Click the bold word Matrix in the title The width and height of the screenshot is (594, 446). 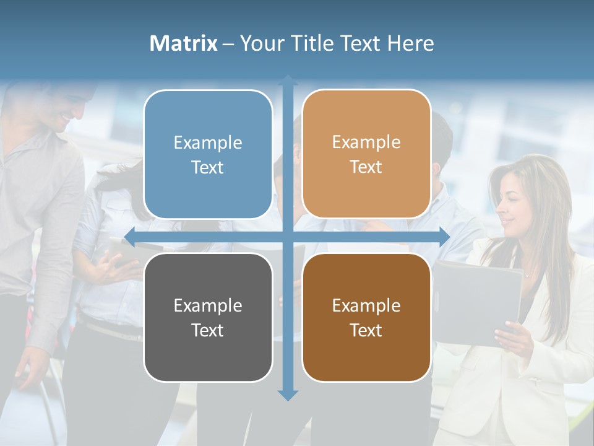pos(184,43)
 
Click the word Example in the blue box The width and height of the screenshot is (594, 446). pos(208,143)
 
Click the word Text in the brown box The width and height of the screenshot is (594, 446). pos(366,330)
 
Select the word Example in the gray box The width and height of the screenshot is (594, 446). pos(208,305)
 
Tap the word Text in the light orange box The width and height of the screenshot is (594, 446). pos(366,167)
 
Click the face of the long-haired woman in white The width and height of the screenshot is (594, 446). pos(514,208)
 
